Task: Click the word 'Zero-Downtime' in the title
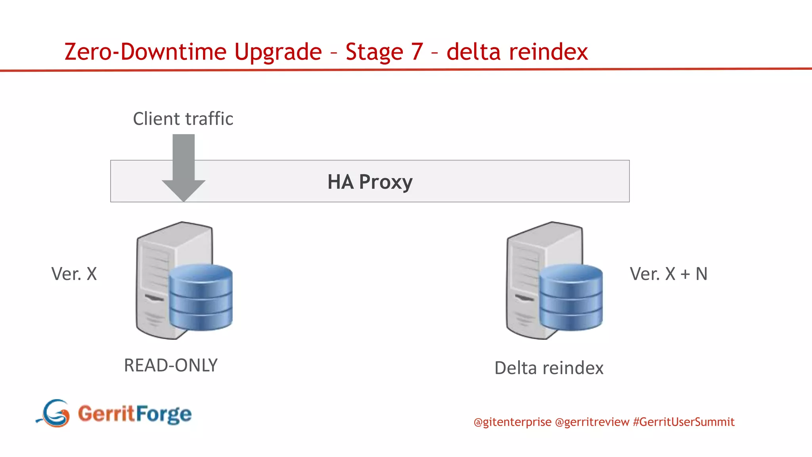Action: point(145,52)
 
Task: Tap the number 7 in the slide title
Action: point(417,52)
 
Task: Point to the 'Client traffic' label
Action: point(183,119)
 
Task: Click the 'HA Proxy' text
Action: point(370,182)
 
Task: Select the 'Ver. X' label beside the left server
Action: point(74,274)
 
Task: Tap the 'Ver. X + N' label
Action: point(668,274)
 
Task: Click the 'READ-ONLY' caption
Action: point(171,365)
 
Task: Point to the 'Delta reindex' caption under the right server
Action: point(549,368)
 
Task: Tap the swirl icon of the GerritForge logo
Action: point(55,413)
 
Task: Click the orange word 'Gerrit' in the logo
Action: point(106,414)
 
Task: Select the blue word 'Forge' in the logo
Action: point(163,415)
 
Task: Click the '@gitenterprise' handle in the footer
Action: point(512,422)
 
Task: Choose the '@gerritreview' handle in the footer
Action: point(592,422)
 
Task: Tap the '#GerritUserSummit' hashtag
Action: point(684,422)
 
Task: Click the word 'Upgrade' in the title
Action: point(278,52)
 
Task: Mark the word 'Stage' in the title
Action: point(374,52)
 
